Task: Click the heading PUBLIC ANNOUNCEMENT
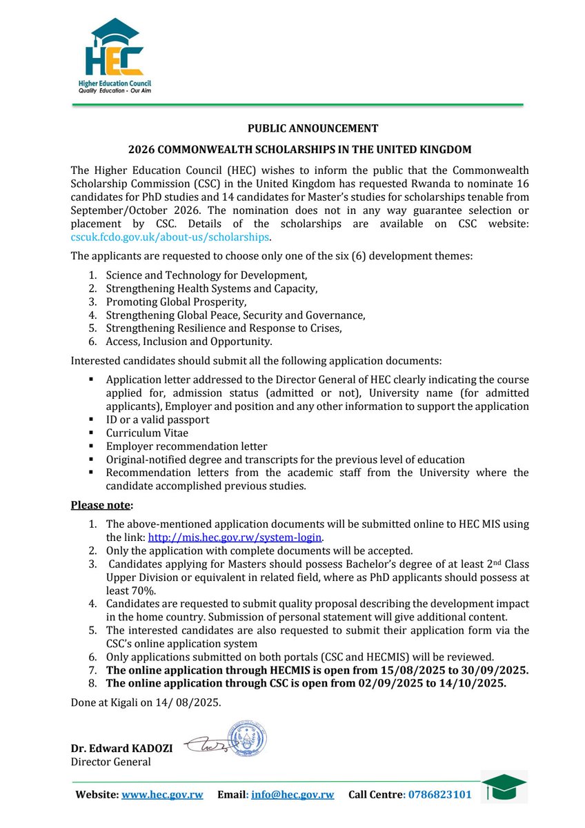313,128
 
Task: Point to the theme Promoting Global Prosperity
176,302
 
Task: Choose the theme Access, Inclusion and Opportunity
189,341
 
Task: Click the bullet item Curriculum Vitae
150,433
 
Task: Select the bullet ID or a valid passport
157,420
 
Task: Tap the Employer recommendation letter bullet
186,446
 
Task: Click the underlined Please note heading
102,505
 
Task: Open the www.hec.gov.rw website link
162,795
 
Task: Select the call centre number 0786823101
439,795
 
